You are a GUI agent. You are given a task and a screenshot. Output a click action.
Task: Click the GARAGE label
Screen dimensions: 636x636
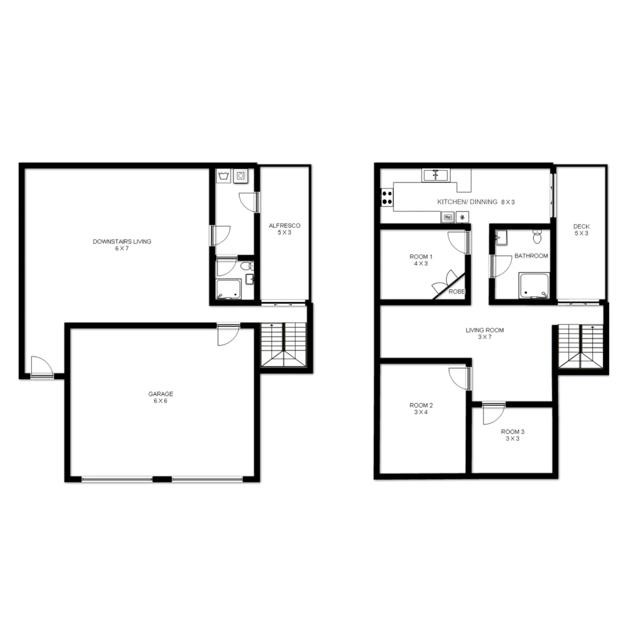(161, 394)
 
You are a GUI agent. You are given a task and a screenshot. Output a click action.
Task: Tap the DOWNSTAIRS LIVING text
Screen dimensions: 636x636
(122, 241)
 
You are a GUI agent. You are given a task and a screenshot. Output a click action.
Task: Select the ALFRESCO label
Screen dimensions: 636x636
(284, 226)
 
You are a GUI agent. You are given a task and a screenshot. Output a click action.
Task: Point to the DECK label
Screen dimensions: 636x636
(581, 227)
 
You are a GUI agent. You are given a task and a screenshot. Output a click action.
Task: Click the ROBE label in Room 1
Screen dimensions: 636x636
(457, 291)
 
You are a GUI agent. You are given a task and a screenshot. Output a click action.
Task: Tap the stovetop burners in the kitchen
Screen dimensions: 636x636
(387, 197)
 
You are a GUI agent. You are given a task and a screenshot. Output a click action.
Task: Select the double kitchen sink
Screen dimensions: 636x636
(435, 175)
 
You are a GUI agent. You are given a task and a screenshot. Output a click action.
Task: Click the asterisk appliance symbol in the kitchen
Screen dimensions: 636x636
(462, 217)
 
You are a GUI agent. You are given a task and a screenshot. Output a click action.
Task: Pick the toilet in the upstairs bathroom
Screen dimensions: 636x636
(537, 237)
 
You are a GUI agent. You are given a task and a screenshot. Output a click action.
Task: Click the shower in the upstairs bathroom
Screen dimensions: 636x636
(534, 286)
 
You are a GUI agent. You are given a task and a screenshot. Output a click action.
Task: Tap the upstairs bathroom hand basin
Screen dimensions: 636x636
(501, 238)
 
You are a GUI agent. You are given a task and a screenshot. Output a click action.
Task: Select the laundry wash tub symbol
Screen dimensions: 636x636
(224, 176)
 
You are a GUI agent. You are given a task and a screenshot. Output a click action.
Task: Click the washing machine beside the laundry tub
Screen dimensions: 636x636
(241, 175)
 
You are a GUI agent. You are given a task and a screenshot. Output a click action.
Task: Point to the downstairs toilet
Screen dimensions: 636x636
(247, 266)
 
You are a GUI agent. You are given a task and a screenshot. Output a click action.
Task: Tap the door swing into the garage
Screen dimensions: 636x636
(227, 334)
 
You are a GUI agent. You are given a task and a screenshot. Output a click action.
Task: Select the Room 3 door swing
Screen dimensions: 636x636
(492, 414)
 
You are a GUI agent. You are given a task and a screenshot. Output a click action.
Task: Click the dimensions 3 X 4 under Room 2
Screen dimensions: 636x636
(421, 412)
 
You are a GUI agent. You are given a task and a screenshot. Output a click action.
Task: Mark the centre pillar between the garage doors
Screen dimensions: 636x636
(162, 479)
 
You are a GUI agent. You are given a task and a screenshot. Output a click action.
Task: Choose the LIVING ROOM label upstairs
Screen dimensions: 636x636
(485, 330)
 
